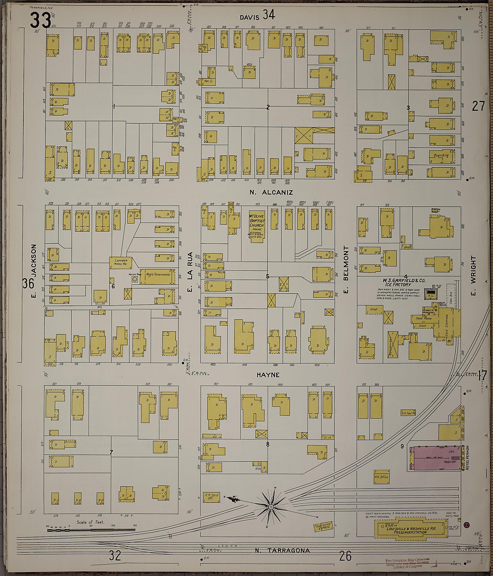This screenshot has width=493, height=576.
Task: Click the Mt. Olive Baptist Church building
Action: pos(256,225)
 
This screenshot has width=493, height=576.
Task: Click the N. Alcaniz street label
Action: pos(271,192)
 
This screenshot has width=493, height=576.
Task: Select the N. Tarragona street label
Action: pos(282,550)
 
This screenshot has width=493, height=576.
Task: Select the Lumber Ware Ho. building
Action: pos(120,262)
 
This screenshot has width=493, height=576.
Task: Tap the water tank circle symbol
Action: pos(135,279)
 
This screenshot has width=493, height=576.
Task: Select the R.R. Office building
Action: pos(382,477)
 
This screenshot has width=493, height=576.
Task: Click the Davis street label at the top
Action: pos(249,18)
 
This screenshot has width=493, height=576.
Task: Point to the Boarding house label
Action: pos(441,155)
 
